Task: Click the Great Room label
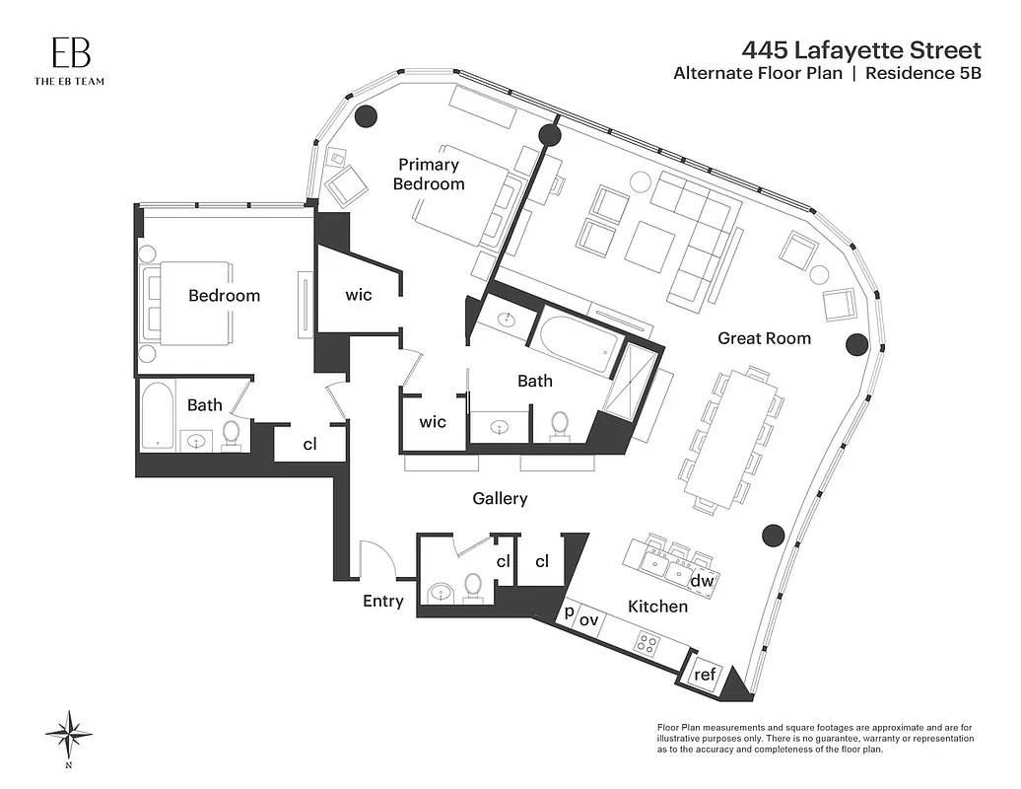(764, 338)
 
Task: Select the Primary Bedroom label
(429, 175)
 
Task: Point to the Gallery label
(500, 499)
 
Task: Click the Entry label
(383, 601)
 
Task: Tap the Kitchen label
(657, 606)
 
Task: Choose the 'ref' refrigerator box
(705, 675)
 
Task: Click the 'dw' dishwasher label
(701, 582)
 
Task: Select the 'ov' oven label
(588, 619)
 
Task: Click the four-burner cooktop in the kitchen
(647, 644)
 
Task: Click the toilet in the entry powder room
(472, 586)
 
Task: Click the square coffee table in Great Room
(650, 245)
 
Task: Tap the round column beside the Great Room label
(856, 343)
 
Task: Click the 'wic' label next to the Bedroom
(359, 294)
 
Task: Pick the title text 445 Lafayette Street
(862, 49)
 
